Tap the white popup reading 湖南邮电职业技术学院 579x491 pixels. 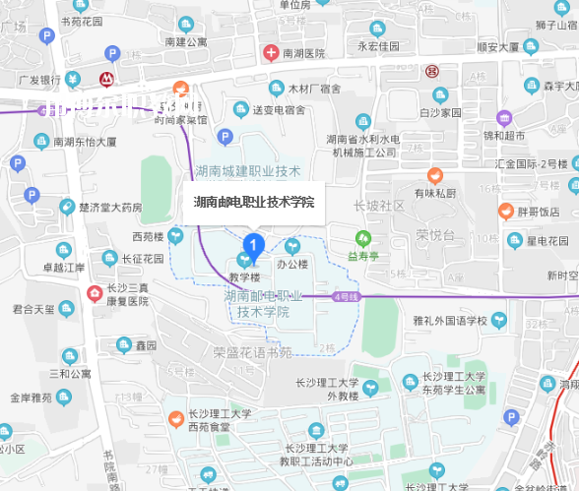(x=254, y=202)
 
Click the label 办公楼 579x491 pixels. (x=292, y=264)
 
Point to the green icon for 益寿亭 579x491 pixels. (x=363, y=239)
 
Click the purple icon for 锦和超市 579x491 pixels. (x=504, y=117)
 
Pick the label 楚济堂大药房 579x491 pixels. (x=111, y=207)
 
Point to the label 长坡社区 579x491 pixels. (x=379, y=206)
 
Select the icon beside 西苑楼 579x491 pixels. (x=175, y=235)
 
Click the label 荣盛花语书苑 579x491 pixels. (x=253, y=351)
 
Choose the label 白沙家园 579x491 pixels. (x=440, y=112)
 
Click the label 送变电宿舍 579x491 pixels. (x=282, y=109)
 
